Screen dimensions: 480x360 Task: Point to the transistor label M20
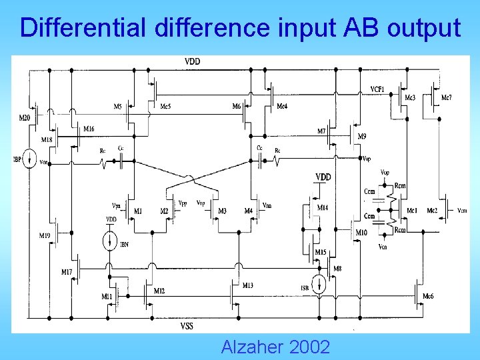pyautogui.click(x=25, y=118)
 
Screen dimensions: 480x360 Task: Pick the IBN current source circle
pyautogui.click(x=111, y=241)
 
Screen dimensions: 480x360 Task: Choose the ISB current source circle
pyautogui.click(x=320, y=285)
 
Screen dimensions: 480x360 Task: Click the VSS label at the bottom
pyautogui.click(x=187, y=326)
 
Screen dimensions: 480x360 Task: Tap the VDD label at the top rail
pyautogui.click(x=193, y=62)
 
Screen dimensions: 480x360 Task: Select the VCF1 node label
pyautogui.click(x=377, y=89)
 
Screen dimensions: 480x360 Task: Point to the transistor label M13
pyautogui.click(x=247, y=285)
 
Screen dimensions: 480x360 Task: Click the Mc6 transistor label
pyautogui.click(x=428, y=296)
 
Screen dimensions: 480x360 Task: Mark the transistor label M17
pyautogui.click(x=67, y=271)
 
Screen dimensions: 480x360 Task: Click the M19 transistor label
pyautogui.click(x=45, y=236)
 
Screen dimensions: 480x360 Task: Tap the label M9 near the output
pyautogui.click(x=362, y=137)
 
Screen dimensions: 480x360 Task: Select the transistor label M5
pyautogui.click(x=117, y=107)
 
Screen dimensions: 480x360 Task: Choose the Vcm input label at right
pyautogui.click(x=462, y=211)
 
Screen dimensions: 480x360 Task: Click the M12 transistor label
pyautogui.click(x=159, y=291)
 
